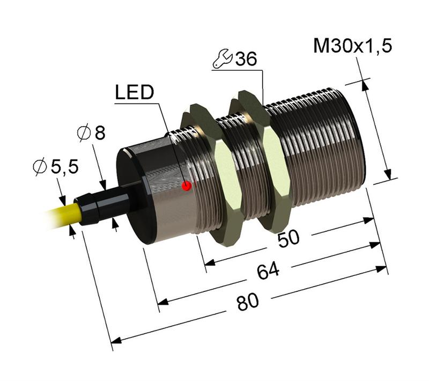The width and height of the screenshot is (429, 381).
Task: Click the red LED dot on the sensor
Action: pos(187,186)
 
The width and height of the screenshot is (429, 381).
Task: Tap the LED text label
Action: pos(134,93)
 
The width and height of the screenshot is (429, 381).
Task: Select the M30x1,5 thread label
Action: pos(352,47)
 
